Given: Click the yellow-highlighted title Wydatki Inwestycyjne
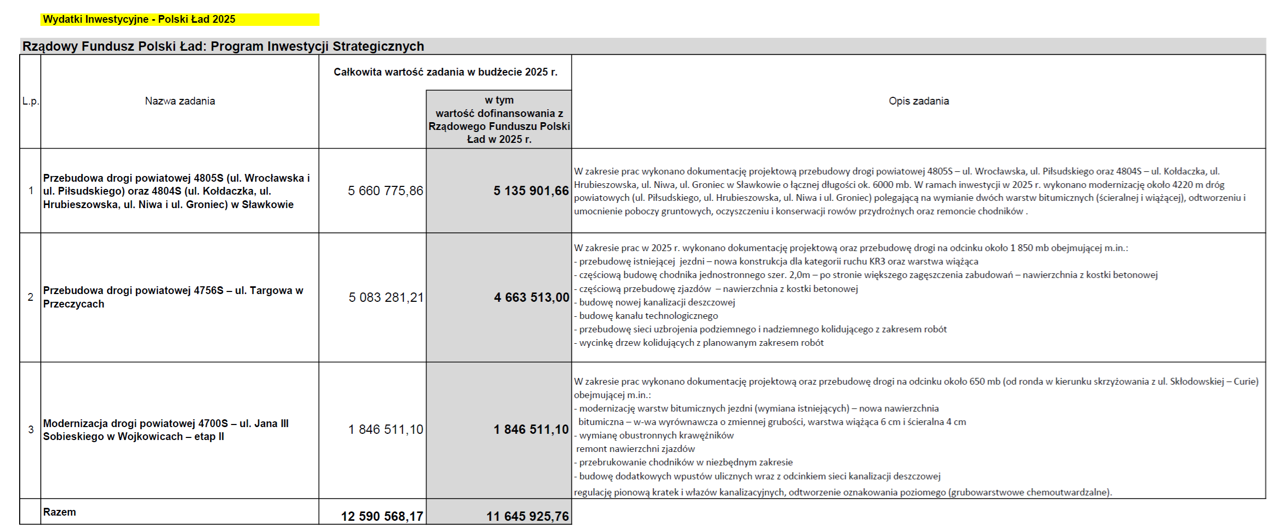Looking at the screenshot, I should (x=139, y=20).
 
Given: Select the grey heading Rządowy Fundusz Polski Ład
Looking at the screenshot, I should (x=223, y=47).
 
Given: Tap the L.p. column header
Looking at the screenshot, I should (x=30, y=101).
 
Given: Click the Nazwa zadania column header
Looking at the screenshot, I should (x=180, y=101).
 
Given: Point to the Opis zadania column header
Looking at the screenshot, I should (x=919, y=101).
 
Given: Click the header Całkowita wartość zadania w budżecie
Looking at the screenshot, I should (x=445, y=72).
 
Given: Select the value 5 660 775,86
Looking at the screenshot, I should (x=385, y=191).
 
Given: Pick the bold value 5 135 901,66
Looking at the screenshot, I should (x=531, y=191).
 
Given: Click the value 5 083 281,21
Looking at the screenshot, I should (x=386, y=298).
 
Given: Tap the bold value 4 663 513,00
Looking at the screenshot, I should (x=531, y=298).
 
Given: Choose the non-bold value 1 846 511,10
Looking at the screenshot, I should (x=386, y=430).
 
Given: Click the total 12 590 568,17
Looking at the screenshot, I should (x=382, y=516).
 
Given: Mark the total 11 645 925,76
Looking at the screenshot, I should (x=527, y=516).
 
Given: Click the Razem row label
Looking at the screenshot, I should (x=60, y=512).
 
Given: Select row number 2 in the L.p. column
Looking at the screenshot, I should (x=31, y=297).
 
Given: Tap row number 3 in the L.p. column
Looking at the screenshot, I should (x=31, y=430).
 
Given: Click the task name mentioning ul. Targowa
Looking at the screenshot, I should (x=173, y=297).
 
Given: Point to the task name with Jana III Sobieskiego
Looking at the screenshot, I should (x=166, y=430).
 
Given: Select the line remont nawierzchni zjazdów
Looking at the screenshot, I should (x=635, y=449).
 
